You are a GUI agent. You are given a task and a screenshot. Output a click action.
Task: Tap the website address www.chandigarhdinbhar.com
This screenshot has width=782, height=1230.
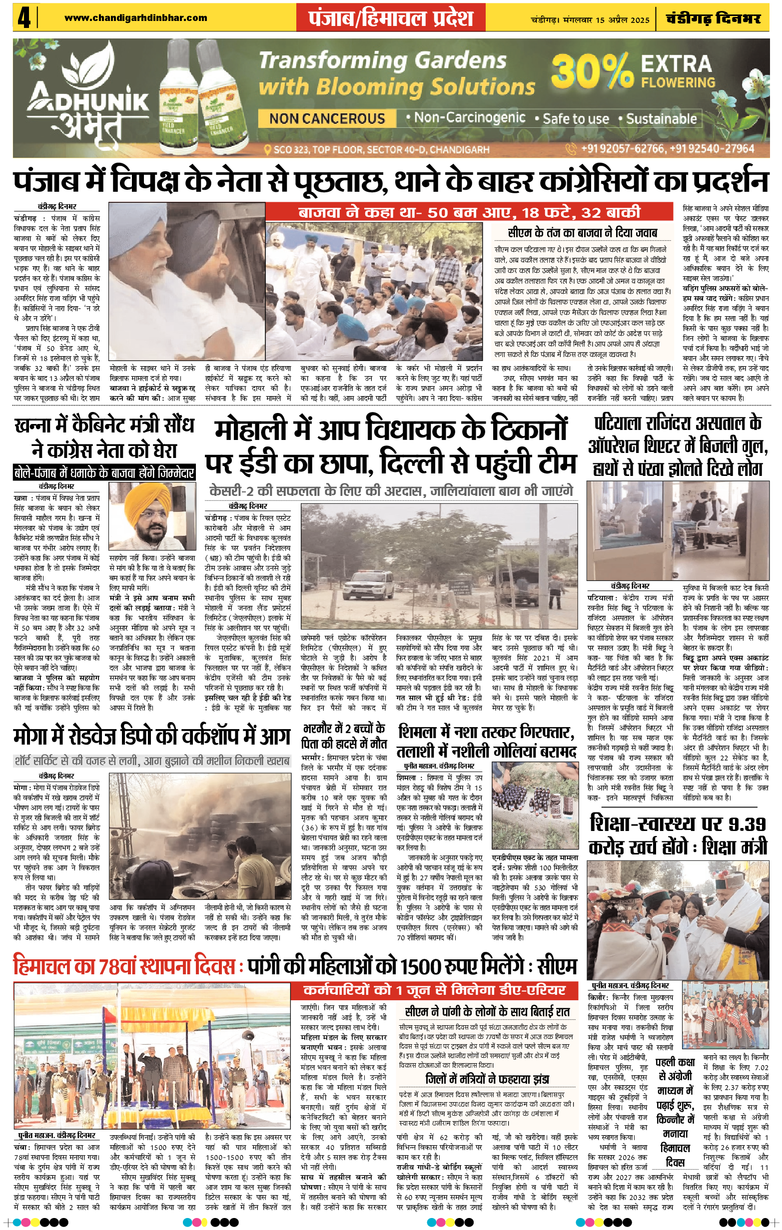coord(135,18)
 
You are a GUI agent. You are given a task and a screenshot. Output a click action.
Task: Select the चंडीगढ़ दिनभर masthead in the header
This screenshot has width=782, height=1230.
coord(714,19)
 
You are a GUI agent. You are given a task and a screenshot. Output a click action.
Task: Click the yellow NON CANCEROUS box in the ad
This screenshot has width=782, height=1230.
coord(327,118)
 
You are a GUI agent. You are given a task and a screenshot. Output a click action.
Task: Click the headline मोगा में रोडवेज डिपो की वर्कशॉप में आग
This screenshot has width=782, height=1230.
coord(152,736)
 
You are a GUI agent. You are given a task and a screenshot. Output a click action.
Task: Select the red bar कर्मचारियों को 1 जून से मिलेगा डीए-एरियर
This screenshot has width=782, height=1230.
coord(434,990)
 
